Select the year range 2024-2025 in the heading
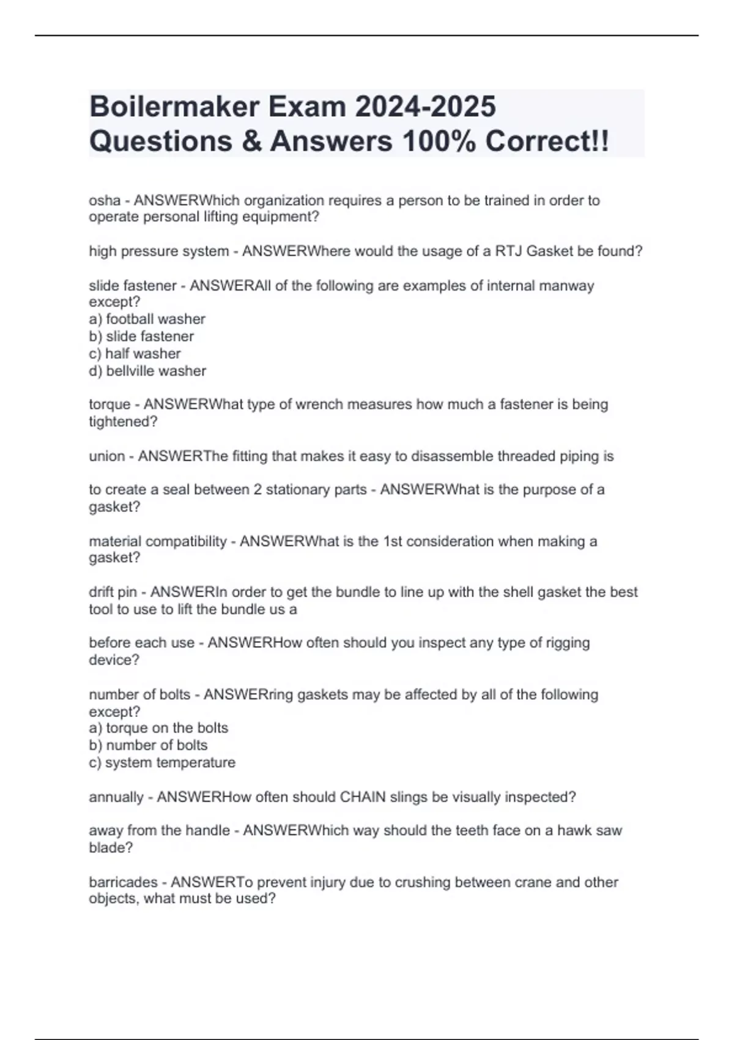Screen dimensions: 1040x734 click(x=425, y=106)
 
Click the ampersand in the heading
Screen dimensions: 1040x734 click(x=251, y=141)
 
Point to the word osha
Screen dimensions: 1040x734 click(x=105, y=201)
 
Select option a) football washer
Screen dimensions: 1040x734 click(x=147, y=319)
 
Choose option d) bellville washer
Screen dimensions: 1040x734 click(x=147, y=371)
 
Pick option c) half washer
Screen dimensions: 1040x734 click(x=135, y=354)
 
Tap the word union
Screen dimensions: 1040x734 click(x=107, y=456)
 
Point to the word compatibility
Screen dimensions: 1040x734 click(x=187, y=541)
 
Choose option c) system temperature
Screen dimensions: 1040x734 click(x=162, y=763)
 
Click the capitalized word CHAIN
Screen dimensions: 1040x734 click(x=363, y=797)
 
